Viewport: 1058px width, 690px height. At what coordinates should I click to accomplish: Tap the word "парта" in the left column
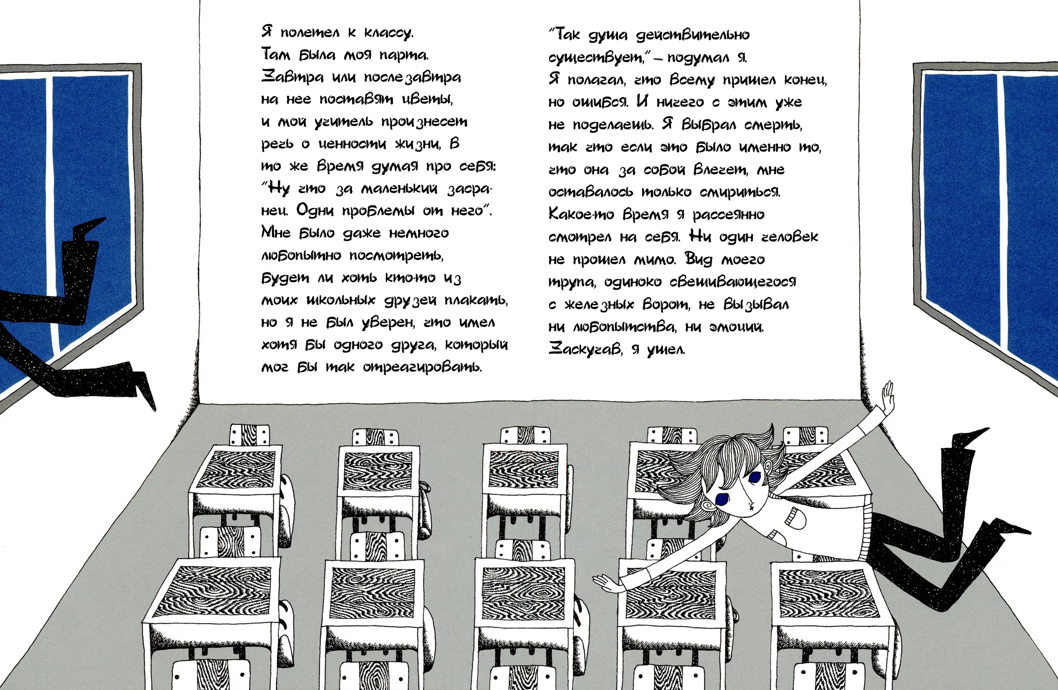pos(404,55)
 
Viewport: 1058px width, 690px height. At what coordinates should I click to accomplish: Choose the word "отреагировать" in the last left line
pos(422,367)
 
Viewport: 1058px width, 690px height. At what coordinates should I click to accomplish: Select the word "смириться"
pos(740,192)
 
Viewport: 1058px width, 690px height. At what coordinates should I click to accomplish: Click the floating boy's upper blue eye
pos(755,477)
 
